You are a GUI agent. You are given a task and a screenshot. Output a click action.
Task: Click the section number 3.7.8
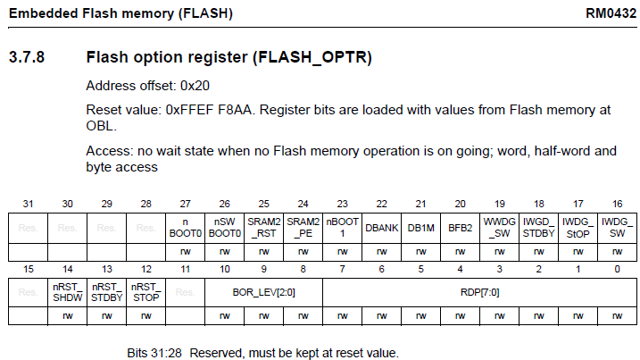click(28, 58)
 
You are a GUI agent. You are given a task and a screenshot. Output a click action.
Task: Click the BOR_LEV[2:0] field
click(264, 290)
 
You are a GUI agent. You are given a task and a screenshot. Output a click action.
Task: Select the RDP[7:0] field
click(478, 290)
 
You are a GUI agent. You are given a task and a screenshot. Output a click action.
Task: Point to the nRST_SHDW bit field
click(68, 290)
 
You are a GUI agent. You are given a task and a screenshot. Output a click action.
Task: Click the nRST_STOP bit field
click(146, 290)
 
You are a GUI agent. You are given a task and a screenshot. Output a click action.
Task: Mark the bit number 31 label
click(28, 204)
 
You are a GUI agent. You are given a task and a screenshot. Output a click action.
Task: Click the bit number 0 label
click(617, 267)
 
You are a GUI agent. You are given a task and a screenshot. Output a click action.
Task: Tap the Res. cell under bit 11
click(186, 290)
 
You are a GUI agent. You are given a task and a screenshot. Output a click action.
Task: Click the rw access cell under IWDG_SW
click(617, 253)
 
